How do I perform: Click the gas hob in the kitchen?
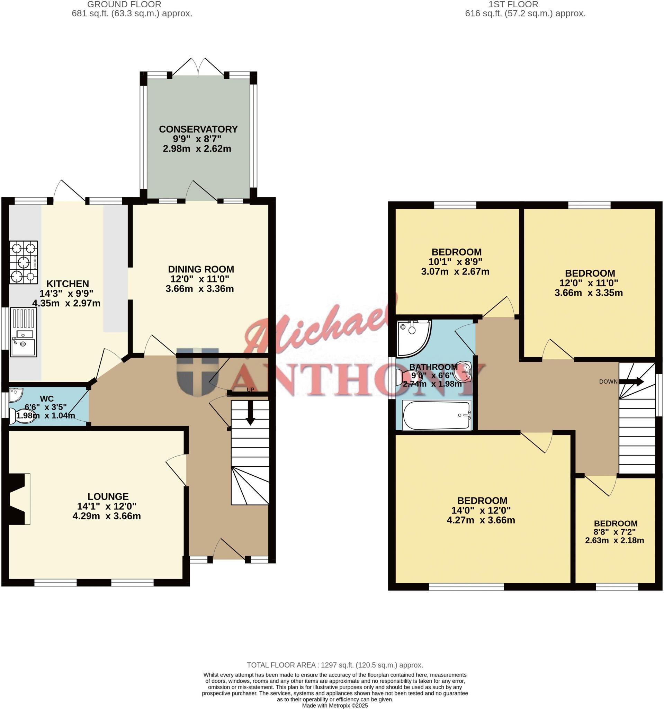[24, 262]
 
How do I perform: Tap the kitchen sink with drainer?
[24, 332]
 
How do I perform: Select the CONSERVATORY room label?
[198, 129]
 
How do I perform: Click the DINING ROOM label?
[201, 269]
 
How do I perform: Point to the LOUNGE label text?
[108, 496]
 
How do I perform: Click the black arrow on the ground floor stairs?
[250, 413]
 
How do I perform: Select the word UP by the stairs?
[250, 389]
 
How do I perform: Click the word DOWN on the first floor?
[608, 382]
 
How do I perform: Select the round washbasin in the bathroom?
[464, 371]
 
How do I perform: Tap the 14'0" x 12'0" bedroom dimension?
[482, 510]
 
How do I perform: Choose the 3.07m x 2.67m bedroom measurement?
[455, 271]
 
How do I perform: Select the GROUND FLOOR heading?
[124, 5]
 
